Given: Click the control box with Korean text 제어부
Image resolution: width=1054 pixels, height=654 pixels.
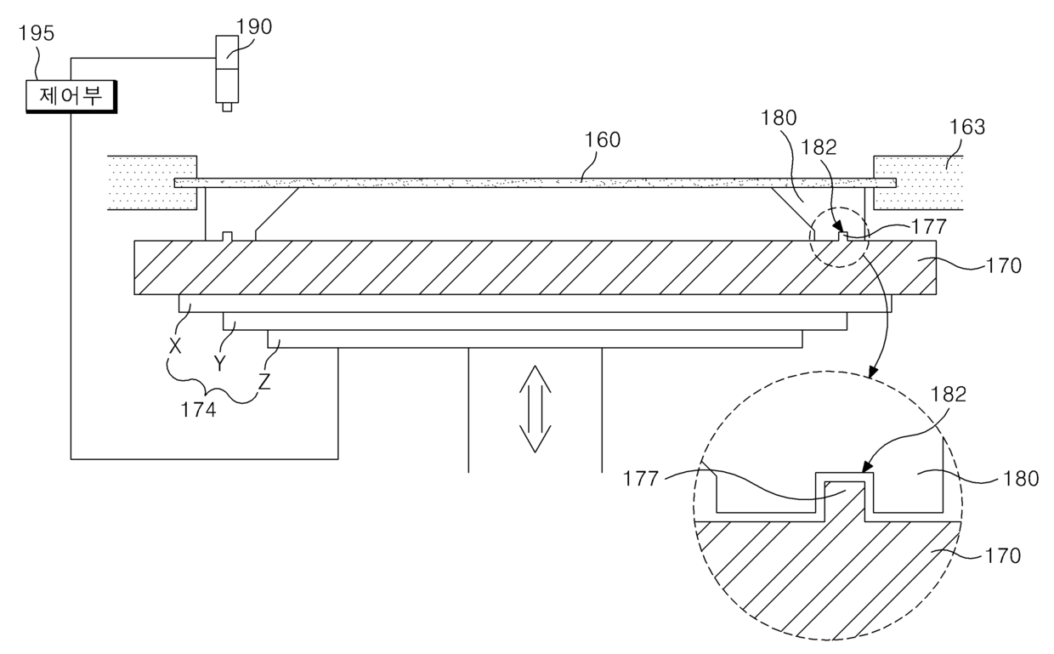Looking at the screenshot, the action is click(71, 96).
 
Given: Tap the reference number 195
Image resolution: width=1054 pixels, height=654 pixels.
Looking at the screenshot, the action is click(37, 33).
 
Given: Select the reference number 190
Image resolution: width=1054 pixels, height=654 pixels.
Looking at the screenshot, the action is click(253, 27).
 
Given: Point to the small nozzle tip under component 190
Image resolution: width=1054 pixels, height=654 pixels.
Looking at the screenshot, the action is click(227, 107).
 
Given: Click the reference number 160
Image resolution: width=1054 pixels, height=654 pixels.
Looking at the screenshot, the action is click(603, 139).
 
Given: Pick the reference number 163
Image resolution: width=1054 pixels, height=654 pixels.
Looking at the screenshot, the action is click(967, 127).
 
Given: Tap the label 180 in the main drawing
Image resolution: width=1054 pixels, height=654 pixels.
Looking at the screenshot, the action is click(779, 117).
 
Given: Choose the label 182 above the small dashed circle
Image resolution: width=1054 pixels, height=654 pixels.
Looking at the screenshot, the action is click(819, 147).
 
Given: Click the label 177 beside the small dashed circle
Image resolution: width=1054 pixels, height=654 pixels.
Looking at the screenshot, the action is click(929, 227).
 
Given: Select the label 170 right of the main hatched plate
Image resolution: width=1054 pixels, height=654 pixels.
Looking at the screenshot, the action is click(1004, 266).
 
